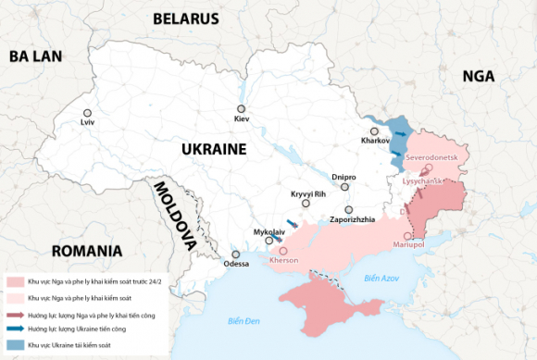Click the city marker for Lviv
click(87, 111)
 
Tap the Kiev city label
click(242, 119)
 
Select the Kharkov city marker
click(374, 130)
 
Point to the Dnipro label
click(344, 175)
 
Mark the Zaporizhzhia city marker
click(349, 209)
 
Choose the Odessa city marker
click(236, 254)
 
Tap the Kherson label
click(283, 260)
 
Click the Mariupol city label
click(408, 244)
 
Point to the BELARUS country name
click(186, 19)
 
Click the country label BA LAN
click(36, 56)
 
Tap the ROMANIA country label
click(87, 251)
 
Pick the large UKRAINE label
click(213, 149)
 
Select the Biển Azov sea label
click(381, 278)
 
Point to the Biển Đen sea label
click(245, 320)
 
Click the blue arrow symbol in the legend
click(15, 329)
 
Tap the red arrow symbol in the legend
click(15, 314)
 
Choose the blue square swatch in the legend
click(15, 344)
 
